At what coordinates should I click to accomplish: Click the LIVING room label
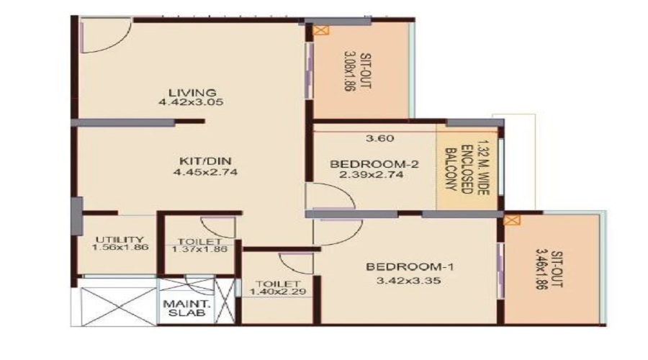pos(192,92)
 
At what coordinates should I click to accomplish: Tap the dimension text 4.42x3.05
pos(192,102)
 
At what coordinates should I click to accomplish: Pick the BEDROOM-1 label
pos(400,268)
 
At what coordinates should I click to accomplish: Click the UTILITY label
pos(119,240)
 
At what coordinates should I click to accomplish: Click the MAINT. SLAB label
pos(176,308)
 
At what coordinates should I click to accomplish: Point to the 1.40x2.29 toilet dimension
pos(274,292)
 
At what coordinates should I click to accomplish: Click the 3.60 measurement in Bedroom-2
pos(379,138)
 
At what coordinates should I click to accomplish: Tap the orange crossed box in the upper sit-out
pos(320,30)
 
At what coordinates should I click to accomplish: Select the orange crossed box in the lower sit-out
pos(512,220)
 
